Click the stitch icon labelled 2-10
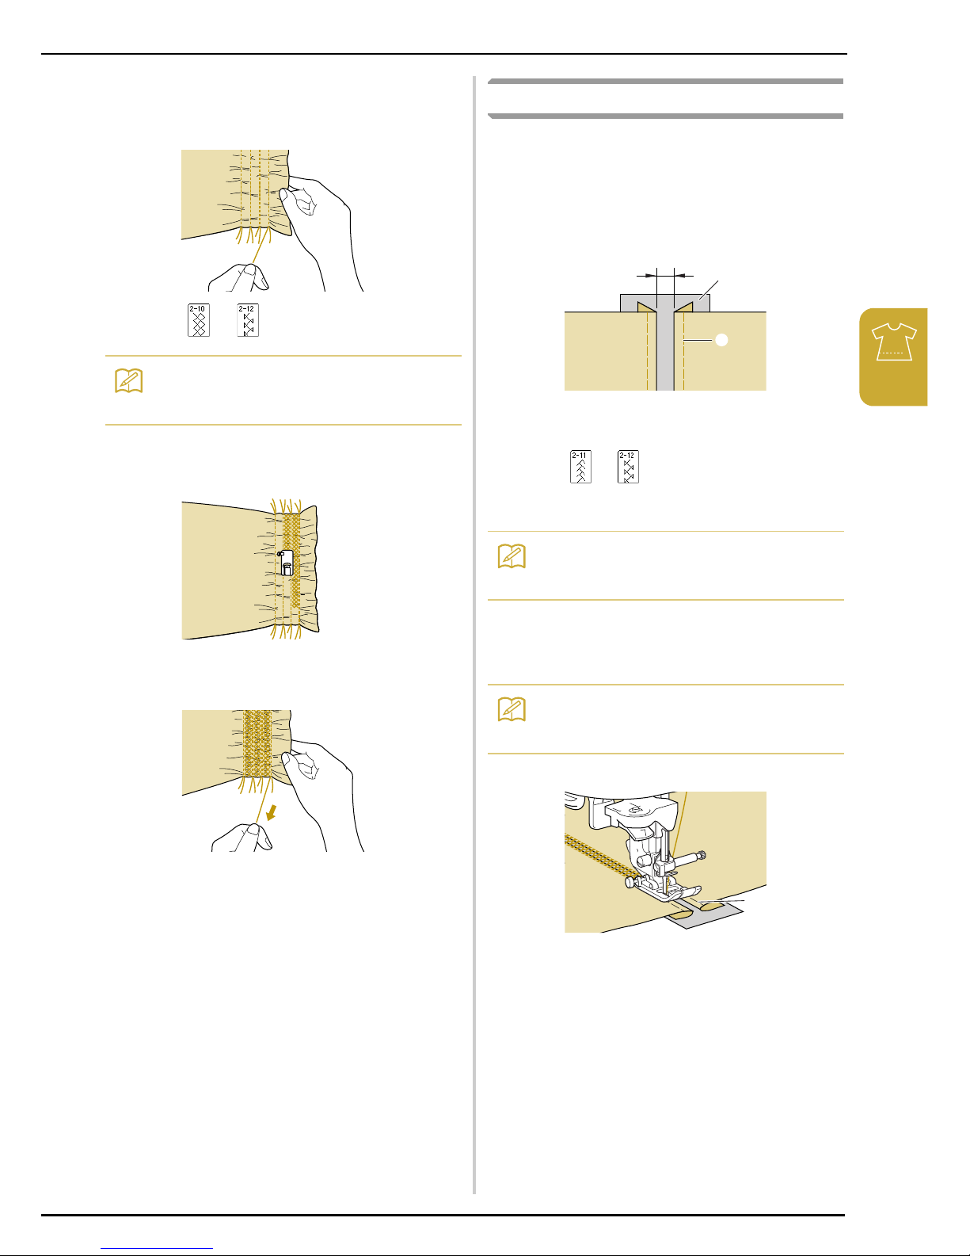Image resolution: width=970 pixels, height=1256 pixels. point(199,320)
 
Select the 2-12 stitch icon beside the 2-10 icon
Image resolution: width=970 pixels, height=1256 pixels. point(248,320)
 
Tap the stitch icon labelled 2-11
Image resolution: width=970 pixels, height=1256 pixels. point(580,467)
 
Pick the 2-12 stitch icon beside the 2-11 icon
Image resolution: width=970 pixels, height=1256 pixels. point(628,467)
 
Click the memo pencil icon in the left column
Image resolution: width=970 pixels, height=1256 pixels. point(128,382)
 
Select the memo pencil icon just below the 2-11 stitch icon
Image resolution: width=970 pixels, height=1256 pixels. point(511,557)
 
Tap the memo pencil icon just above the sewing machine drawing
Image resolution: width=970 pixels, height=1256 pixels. point(511,710)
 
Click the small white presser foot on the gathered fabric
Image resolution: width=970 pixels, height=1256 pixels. point(286,562)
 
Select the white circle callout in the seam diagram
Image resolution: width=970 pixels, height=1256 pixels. point(721,340)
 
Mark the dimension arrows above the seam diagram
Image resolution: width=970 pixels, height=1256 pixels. point(665,275)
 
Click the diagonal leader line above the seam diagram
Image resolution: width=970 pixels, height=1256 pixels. point(709,290)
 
